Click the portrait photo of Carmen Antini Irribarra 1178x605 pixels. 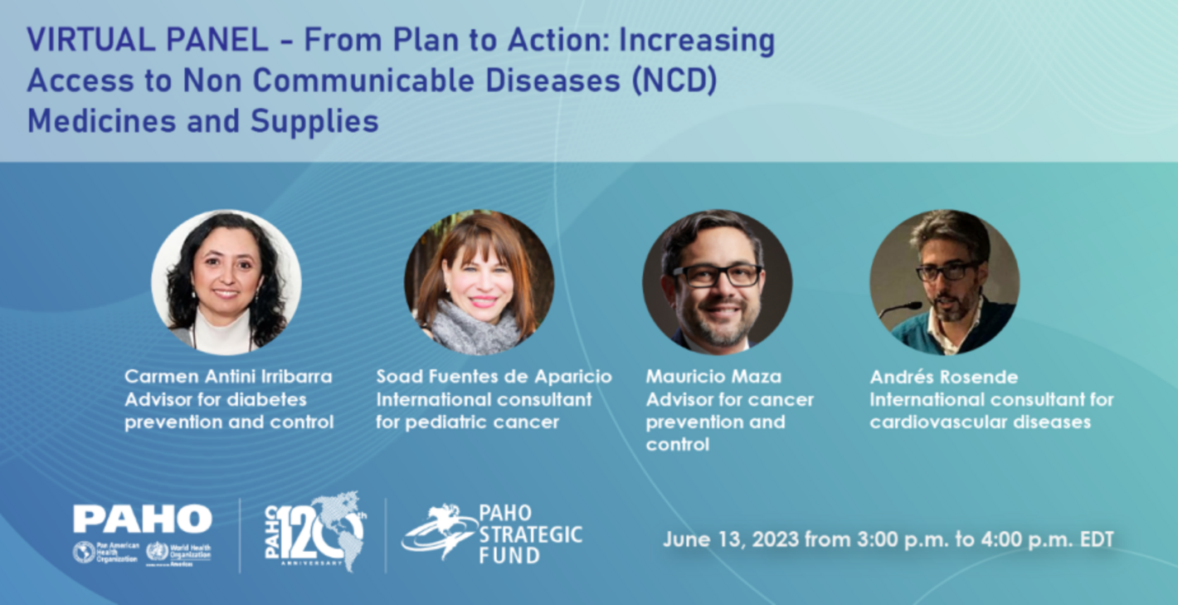point(226,282)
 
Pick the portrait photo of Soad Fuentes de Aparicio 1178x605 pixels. point(479,282)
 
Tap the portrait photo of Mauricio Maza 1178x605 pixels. point(717,282)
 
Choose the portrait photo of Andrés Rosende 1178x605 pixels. point(944,282)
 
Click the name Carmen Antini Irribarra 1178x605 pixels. point(228,377)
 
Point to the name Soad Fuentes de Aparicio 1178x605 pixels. point(494,377)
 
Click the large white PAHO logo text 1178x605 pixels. point(142,520)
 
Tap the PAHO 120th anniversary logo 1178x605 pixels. point(315,531)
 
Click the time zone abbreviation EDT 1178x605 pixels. point(1095,539)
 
